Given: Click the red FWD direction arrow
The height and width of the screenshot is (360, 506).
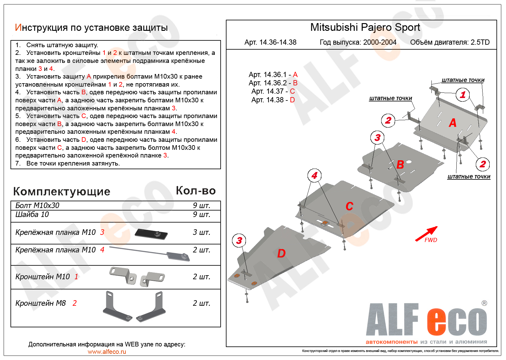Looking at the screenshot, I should click(426, 234).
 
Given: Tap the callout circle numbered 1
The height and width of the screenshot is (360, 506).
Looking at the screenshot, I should click(463, 95).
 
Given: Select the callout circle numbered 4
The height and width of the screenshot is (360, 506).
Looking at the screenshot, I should click(314, 176).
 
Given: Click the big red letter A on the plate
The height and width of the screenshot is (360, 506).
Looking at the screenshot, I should click(452, 123).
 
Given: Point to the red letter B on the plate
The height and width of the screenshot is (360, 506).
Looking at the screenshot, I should click(400, 165).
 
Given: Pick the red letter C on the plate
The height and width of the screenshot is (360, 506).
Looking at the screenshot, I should click(349, 206).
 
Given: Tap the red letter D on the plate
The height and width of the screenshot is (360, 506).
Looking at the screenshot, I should click(281, 253).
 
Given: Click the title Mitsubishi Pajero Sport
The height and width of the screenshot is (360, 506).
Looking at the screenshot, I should click(365, 27).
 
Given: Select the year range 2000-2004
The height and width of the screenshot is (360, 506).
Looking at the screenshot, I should click(380, 42).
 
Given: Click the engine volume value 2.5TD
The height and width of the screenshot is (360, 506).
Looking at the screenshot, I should click(480, 42).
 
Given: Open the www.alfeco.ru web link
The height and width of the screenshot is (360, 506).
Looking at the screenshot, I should click(107, 352).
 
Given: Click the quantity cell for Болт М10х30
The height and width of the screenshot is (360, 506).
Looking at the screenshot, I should click(201, 206).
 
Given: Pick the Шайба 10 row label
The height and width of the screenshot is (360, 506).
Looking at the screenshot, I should click(32, 215).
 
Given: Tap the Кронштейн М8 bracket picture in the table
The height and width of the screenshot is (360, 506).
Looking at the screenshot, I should click(134, 306).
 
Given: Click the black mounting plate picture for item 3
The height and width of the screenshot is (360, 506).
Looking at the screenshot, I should click(151, 234).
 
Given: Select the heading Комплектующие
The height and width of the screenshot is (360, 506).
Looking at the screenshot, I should click(62, 191).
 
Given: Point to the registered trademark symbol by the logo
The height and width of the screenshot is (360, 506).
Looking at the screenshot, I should click(484, 303).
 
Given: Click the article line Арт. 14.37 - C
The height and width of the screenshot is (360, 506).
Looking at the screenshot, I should click(273, 91).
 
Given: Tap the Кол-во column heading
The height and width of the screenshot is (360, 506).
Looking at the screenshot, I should click(196, 191).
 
